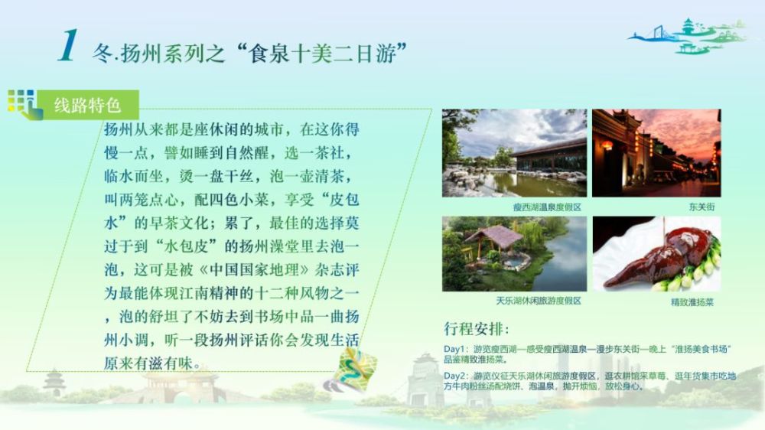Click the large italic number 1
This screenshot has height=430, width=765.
tap(68, 45)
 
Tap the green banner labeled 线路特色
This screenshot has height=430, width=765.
tap(88, 105)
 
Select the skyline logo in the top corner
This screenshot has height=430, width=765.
tap(688, 36)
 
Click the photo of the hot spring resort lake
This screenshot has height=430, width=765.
tap(514, 153)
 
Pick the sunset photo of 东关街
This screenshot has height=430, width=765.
tap(656, 153)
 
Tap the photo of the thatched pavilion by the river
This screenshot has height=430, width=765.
tap(514, 254)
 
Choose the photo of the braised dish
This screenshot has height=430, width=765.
tap(656, 254)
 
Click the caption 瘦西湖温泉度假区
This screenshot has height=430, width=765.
tap(547, 207)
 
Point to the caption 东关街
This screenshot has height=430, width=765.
tap(702, 207)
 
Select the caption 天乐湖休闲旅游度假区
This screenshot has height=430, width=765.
tap(539, 301)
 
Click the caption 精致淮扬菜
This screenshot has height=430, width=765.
tap(692, 302)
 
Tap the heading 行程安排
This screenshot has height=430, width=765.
tap(476, 328)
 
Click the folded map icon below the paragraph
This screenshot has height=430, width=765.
tap(352, 370)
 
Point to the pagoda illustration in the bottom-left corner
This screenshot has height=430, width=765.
tap(54, 383)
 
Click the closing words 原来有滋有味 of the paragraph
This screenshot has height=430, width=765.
tap(148, 363)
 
